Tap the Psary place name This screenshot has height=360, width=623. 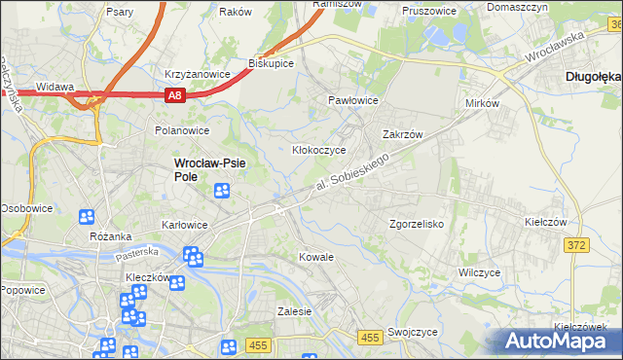[x=122, y=13]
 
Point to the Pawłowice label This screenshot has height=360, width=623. [x=351, y=100]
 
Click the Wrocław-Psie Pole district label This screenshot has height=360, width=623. [x=208, y=170]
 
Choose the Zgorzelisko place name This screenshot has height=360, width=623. [x=417, y=223]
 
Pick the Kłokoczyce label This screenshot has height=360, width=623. [x=319, y=150]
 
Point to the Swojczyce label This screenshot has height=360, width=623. [x=412, y=332]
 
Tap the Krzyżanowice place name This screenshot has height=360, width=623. [x=197, y=74]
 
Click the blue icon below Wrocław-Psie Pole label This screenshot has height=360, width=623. [x=222, y=191]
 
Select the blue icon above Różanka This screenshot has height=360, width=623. [x=87, y=217]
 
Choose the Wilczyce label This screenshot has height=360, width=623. [x=480, y=272]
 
